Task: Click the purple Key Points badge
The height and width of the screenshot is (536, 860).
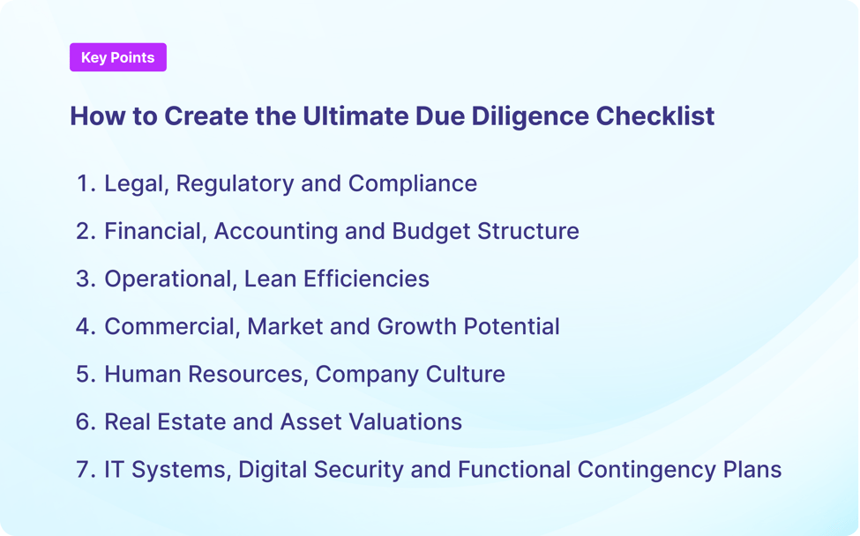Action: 117,57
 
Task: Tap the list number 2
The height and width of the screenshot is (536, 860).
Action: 85,231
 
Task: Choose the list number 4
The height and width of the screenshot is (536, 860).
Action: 85,326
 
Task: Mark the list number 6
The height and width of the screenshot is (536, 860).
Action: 85,421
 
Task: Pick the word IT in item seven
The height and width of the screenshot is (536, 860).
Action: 114,469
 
